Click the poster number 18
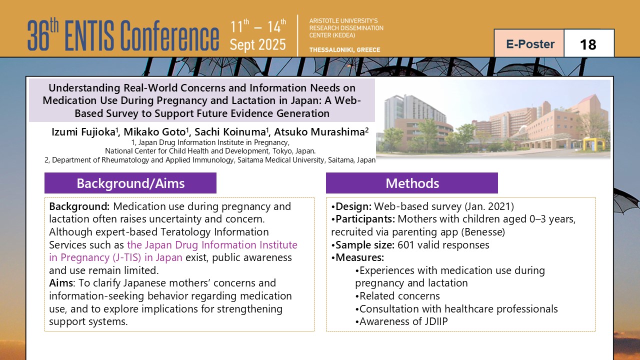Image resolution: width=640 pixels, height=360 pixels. click(x=588, y=44)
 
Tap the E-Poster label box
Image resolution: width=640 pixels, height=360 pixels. click(x=529, y=43)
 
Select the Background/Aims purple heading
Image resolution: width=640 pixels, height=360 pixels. click(x=130, y=183)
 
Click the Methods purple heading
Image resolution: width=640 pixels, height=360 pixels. click(x=412, y=183)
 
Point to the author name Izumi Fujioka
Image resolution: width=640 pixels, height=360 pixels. click(x=83, y=132)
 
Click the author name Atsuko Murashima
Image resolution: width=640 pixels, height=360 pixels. click(x=319, y=132)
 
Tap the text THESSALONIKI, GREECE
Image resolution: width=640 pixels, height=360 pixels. click(x=344, y=49)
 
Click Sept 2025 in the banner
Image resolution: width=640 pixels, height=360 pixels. click(x=257, y=45)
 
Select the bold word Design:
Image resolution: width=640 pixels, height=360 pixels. click(x=353, y=206)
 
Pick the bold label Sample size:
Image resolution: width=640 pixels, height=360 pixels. click(x=365, y=245)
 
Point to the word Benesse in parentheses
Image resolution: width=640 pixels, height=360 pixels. click(x=483, y=232)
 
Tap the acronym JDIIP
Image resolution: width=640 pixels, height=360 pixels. click(x=431, y=321)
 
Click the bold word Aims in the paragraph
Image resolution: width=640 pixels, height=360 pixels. click(x=61, y=283)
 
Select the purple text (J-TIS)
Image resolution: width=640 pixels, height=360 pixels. click(x=127, y=257)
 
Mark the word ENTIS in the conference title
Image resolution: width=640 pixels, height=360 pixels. click(x=89, y=35)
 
